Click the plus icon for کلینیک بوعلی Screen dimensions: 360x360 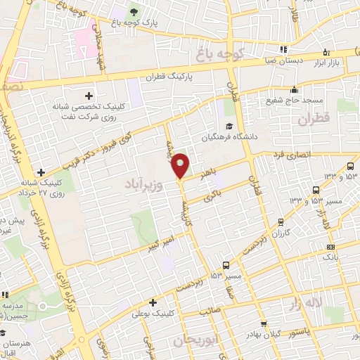(x=152, y=302)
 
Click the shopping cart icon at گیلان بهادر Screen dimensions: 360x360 (x=263, y=325)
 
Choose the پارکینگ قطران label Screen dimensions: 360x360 (x=171, y=77)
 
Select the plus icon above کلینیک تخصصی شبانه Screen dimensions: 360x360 (x=88, y=96)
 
